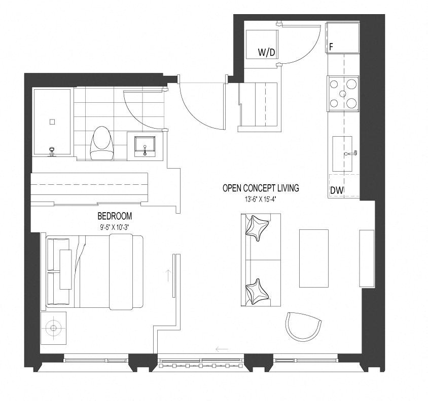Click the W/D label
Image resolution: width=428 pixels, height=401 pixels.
click(x=266, y=52)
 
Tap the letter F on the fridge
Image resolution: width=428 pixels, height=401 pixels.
click(x=331, y=47)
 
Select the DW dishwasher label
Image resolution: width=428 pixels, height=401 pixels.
click(x=337, y=190)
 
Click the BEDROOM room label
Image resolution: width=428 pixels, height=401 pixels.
click(x=115, y=216)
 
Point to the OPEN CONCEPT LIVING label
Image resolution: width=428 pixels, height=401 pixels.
click(x=261, y=188)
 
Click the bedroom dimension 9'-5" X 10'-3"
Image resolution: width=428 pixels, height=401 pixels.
click(x=115, y=227)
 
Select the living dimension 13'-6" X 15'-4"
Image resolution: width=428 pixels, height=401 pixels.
click(x=261, y=199)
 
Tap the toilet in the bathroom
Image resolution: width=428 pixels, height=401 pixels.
click(x=101, y=143)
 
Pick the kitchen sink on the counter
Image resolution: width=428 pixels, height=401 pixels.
click(x=342, y=154)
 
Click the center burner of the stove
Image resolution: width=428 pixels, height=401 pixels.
click(x=343, y=94)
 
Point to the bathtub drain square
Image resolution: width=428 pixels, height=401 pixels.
click(x=52, y=122)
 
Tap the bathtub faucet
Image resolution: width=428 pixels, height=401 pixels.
click(x=51, y=151)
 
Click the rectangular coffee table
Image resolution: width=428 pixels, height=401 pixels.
click(x=313, y=258)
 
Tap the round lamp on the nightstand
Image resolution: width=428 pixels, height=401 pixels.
click(x=53, y=328)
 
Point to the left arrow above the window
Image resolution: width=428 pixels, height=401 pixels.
click(x=222, y=349)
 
